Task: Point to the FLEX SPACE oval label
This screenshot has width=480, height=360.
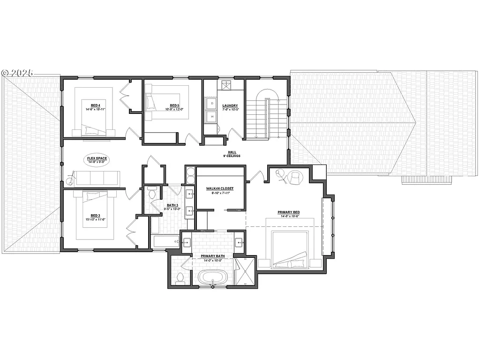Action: [x=97, y=159]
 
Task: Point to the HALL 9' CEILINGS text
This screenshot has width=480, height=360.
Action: [x=232, y=154]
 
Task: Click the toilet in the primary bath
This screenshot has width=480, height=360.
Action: [x=179, y=277]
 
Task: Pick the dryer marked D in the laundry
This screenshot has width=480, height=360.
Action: [x=212, y=103]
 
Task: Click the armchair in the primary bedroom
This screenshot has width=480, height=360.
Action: [x=295, y=178]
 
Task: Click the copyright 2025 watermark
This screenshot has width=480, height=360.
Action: [x=18, y=73]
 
